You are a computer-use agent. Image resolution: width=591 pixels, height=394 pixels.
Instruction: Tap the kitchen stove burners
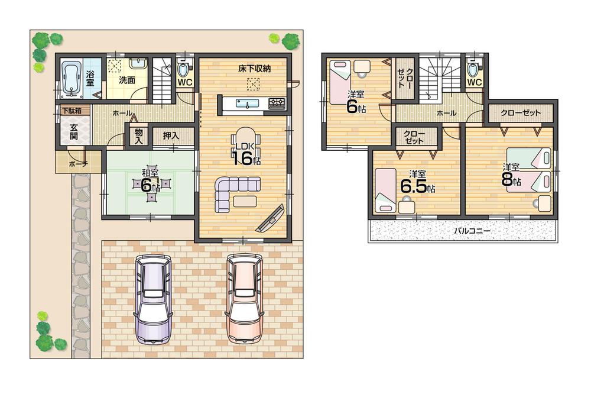277,104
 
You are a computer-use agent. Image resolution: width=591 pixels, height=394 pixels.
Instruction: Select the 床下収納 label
254,69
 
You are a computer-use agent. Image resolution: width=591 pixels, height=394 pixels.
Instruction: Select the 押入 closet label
171,135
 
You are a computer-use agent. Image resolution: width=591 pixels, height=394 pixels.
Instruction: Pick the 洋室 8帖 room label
511,175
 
